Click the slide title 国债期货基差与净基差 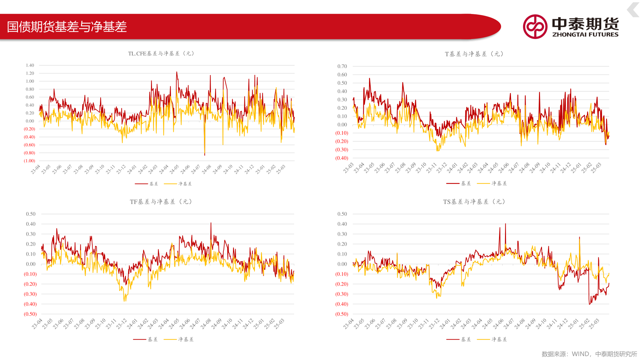tap(67, 27)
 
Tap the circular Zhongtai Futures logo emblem tap(535, 27)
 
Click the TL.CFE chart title tap(161, 53)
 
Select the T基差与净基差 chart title tap(474, 54)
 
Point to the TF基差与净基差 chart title tap(161, 202)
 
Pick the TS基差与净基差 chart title tap(474, 202)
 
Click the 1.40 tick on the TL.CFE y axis tap(30, 65)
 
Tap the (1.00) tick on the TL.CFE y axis tap(29, 161)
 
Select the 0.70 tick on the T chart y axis tap(342, 66)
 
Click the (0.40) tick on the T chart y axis tap(342, 158)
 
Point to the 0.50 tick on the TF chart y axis tap(31, 214)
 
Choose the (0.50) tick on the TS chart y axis tap(342, 314)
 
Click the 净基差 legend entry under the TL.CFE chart tap(178, 184)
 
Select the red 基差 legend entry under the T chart tap(459, 183)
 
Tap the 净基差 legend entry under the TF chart tap(179, 339)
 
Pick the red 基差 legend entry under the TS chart tap(459, 339)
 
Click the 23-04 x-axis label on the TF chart tap(37, 324)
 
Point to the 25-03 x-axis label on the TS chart tap(594, 324)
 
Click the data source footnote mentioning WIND tap(589, 354)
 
